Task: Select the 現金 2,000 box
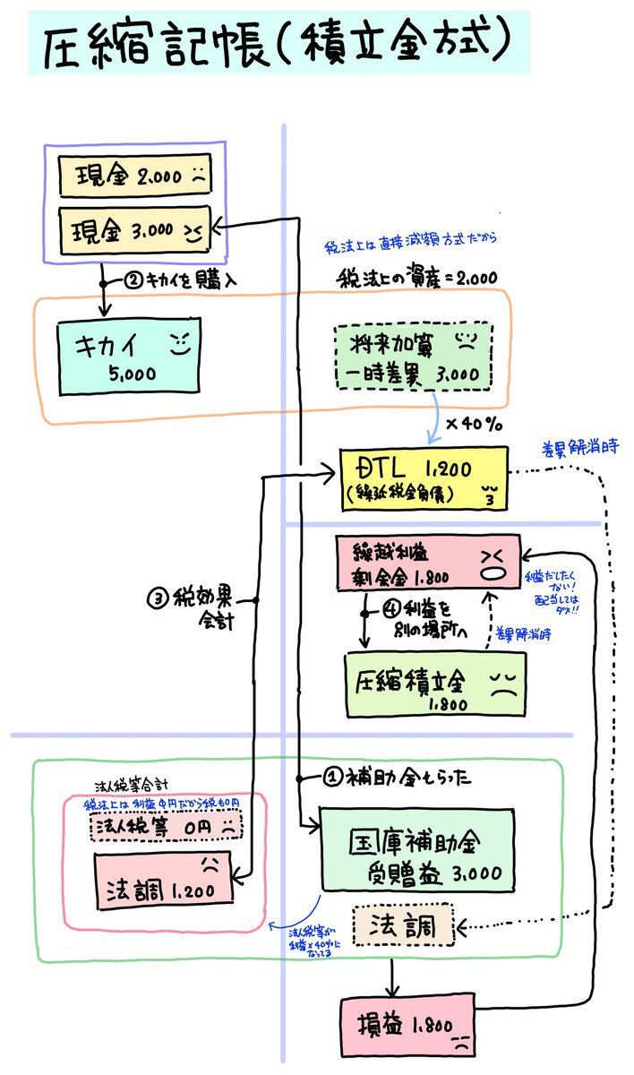point(134,176)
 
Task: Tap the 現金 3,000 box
point(134,230)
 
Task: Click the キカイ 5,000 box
point(127,356)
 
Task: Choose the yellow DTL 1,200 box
point(423,479)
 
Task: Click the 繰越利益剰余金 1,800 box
point(426,563)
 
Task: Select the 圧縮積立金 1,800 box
point(434,684)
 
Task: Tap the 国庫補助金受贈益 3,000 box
point(417,850)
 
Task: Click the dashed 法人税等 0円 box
point(165,826)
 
